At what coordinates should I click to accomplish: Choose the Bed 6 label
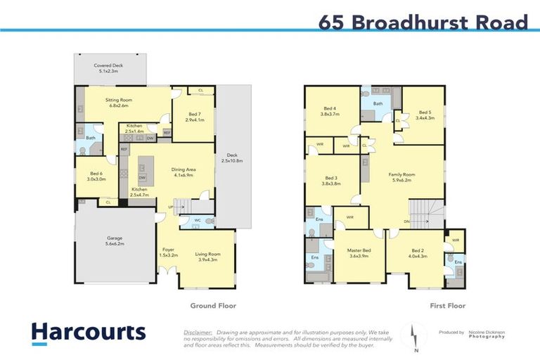96,176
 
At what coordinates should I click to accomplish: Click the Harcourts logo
88,333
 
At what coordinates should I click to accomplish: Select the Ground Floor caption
213,306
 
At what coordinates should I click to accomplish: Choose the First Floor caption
447,306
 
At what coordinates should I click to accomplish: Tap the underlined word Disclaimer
198,330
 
